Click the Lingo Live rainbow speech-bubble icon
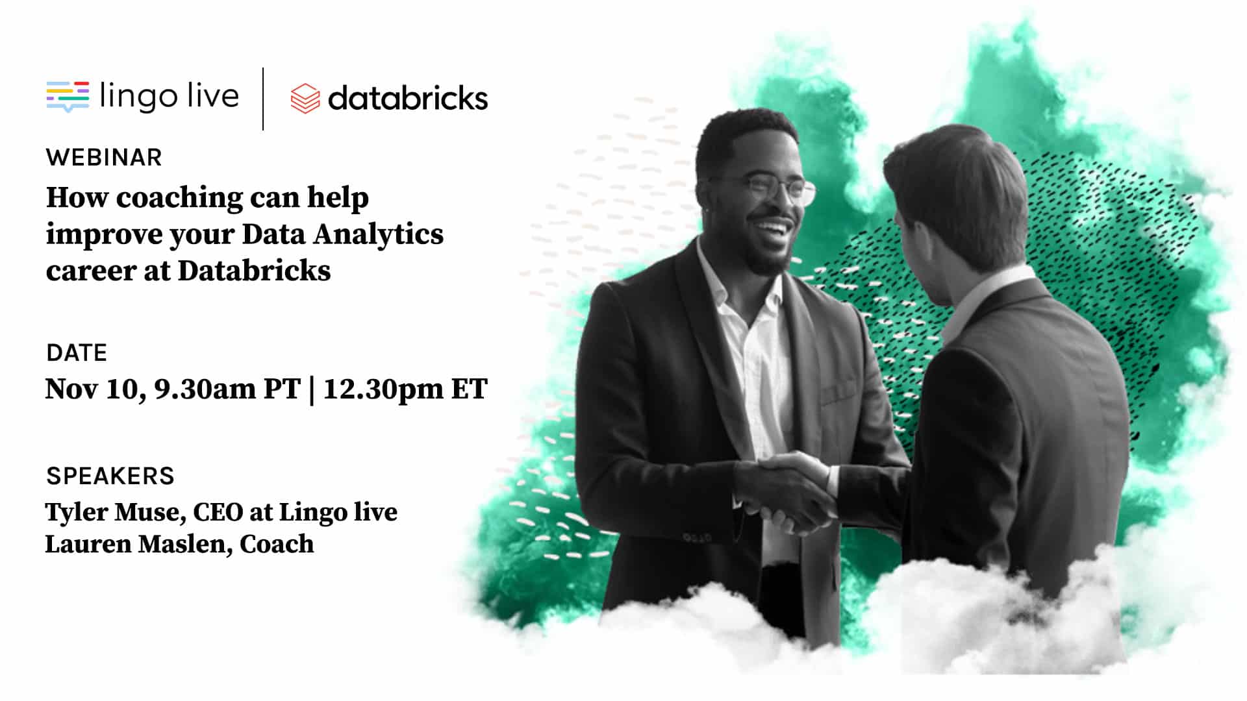point(68,97)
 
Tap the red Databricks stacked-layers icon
point(305,99)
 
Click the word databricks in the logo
point(408,98)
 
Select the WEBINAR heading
point(104,158)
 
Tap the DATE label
point(77,352)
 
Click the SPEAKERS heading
point(110,476)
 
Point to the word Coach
point(277,544)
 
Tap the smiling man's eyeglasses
point(773,189)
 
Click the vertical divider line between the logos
point(263,99)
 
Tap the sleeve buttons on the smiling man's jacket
point(696,537)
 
